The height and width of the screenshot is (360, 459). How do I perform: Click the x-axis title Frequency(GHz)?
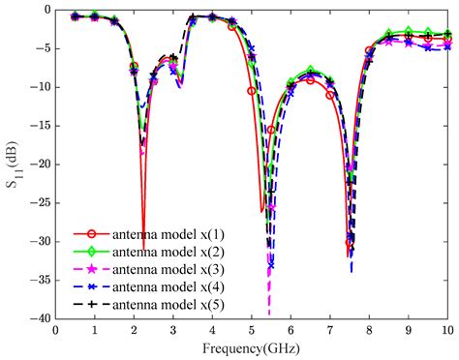[x=253, y=346]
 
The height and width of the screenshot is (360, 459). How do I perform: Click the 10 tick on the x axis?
[x=447, y=331]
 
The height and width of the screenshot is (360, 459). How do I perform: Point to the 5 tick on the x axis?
[x=252, y=331]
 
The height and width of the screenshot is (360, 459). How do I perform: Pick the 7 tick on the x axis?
[x=330, y=331]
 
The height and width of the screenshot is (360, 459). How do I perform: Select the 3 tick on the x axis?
[x=173, y=331]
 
